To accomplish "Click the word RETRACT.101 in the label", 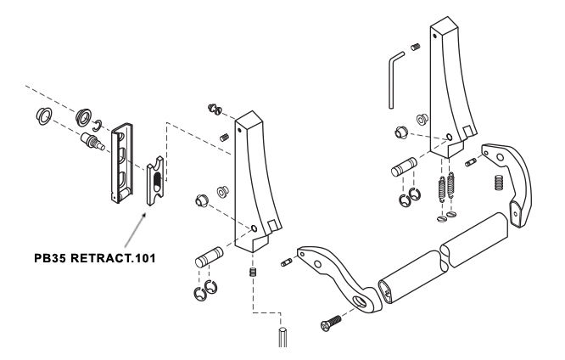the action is click(x=113, y=258).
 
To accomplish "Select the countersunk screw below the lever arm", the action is click(x=330, y=323).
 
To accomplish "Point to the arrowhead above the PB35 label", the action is click(x=143, y=216).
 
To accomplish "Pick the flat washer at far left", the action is click(x=44, y=116).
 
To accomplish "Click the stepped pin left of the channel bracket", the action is click(x=92, y=142).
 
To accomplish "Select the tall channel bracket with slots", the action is click(x=122, y=163).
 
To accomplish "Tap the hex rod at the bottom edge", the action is click(x=282, y=337).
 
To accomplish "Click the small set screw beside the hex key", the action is click(x=416, y=47).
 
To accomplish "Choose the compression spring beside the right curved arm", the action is click(x=499, y=183).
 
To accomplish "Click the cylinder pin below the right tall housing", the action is click(x=404, y=167).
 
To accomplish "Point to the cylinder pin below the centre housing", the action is click(x=209, y=256).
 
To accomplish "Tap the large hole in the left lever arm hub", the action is click(x=359, y=301).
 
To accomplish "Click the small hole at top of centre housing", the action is click(x=239, y=129).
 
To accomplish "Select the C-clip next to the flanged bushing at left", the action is click(x=97, y=125).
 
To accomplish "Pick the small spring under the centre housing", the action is click(x=253, y=272).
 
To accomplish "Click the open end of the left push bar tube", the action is click(x=385, y=290).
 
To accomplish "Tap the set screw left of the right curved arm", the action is click(x=471, y=163).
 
